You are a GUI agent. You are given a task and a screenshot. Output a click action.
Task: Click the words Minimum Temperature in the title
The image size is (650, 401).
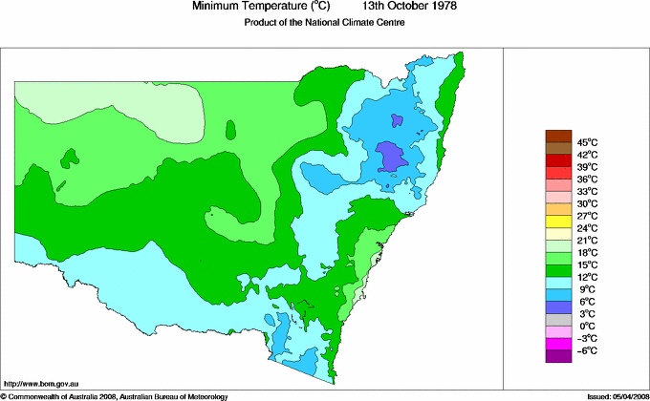point(247,7)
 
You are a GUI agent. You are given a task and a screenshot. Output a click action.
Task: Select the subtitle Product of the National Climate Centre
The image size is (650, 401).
point(325,23)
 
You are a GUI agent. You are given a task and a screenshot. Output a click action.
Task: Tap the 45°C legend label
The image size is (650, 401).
point(586,142)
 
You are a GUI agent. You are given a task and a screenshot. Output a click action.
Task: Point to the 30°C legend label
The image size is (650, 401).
point(586,203)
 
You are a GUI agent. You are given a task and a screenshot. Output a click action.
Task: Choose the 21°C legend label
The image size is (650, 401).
point(586,240)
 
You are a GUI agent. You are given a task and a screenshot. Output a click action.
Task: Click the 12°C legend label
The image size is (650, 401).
point(586,277)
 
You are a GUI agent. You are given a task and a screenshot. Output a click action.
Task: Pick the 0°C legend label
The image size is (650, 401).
point(586,326)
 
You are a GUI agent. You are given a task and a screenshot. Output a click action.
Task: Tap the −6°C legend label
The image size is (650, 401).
point(586,350)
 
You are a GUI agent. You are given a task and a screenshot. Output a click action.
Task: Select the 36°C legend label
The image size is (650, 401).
point(586,179)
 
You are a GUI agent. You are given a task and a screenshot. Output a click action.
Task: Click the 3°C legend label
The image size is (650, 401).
point(586,313)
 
